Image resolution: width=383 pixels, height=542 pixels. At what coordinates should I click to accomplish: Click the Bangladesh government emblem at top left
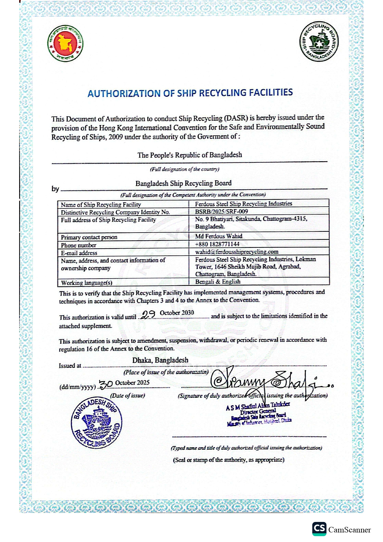click(65, 44)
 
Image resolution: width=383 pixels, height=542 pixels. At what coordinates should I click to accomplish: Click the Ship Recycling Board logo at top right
click(319, 41)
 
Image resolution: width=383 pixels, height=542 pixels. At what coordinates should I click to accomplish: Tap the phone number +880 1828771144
click(217, 244)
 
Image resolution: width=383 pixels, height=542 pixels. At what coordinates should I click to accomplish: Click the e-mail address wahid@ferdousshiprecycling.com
click(237, 252)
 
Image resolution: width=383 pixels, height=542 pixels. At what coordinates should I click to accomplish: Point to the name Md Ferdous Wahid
click(219, 236)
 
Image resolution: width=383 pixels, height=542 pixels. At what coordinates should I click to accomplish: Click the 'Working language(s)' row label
click(86, 283)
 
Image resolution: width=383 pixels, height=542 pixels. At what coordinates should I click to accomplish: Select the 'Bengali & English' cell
click(218, 281)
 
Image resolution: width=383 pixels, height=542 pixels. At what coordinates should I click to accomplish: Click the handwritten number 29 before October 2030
click(148, 314)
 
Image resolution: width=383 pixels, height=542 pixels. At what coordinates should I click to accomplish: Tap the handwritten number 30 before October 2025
click(106, 384)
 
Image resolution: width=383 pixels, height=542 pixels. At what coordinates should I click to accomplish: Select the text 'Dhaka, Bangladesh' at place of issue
click(160, 360)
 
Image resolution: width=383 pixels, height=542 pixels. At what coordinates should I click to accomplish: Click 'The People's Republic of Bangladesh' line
click(190, 155)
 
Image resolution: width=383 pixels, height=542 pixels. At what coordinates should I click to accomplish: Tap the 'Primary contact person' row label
click(89, 237)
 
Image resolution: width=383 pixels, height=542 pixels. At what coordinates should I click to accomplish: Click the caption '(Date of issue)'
click(128, 395)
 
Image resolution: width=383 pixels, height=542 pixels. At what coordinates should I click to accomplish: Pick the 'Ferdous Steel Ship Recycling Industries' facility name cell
click(243, 204)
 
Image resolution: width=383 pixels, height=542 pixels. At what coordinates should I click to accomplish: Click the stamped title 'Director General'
click(258, 411)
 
